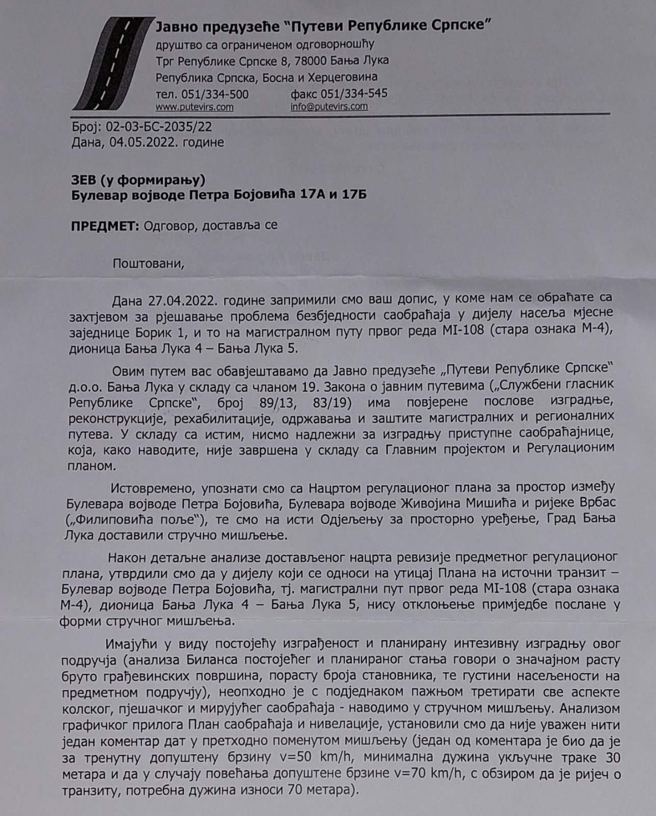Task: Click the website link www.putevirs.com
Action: pyautogui.click(x=194, y=107)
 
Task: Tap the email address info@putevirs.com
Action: pyautogui.click(x=329, y=107)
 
